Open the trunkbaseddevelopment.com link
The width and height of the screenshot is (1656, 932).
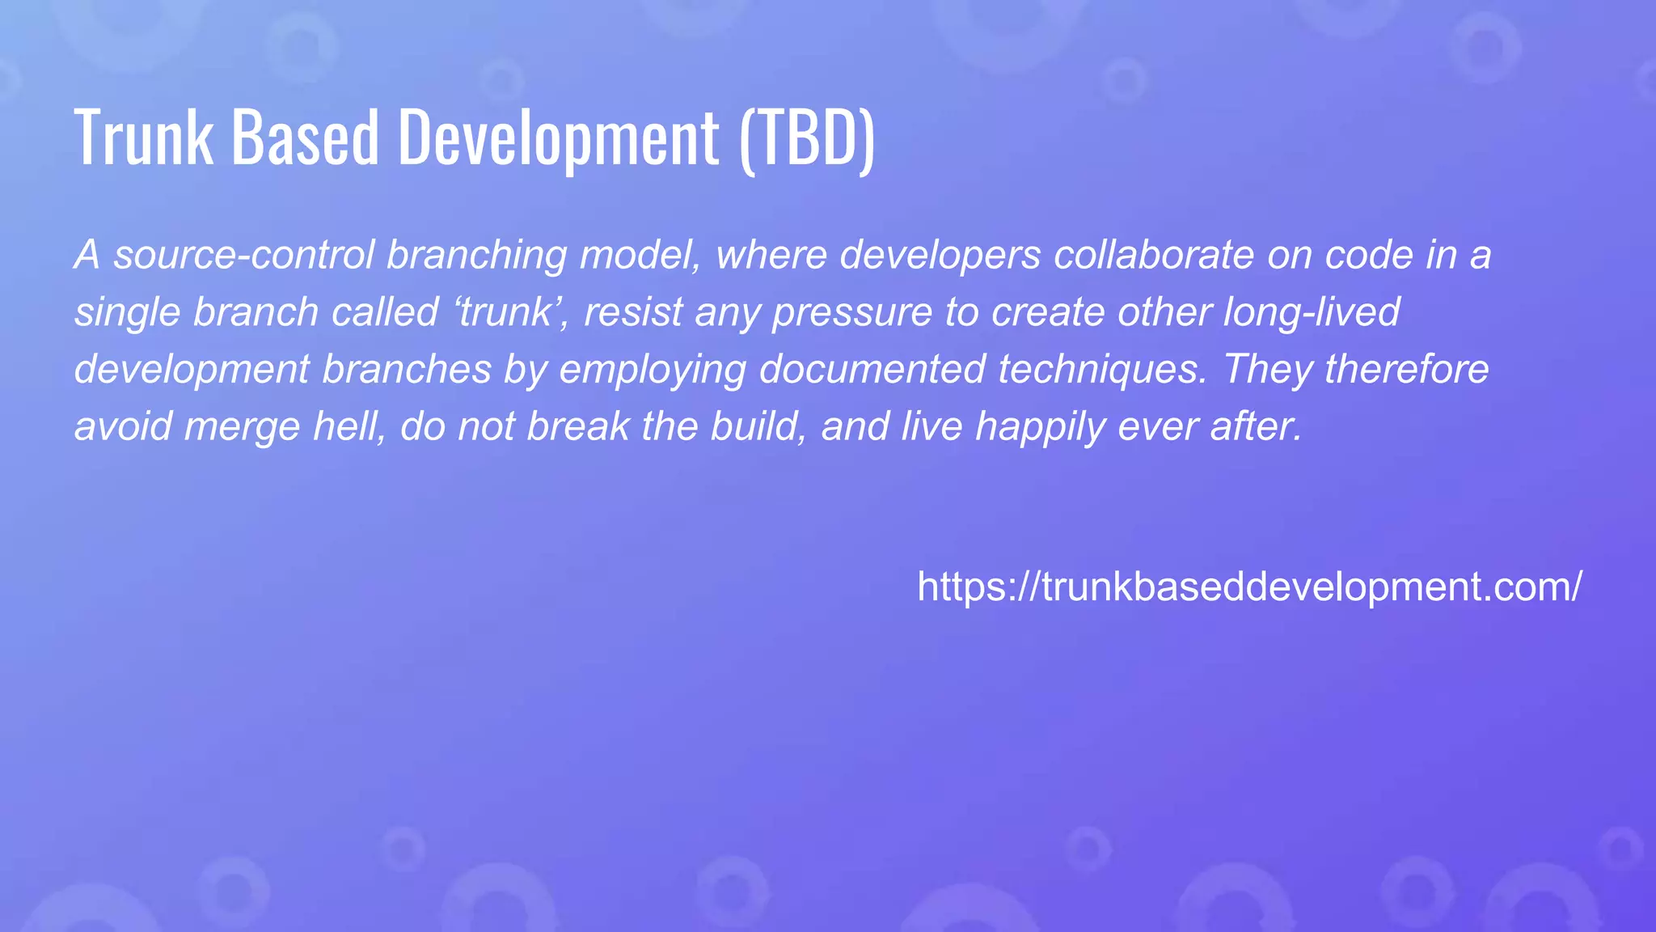click(1249, 587)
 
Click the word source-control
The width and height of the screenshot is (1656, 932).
click(243, 255)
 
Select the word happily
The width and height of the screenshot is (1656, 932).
click(1040, 427)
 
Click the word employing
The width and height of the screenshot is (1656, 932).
click(653, 371)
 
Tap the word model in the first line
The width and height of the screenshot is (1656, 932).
click(640, 255)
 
